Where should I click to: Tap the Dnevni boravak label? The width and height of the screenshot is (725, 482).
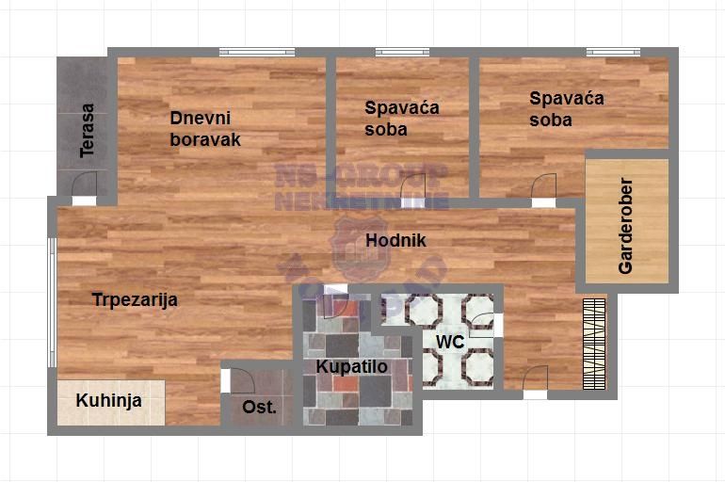tap(205, 129)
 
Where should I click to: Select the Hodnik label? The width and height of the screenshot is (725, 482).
tap(395, 241)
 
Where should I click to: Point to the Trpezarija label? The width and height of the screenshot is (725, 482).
tap(135, 300)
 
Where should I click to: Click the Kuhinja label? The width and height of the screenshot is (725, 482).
tap(109, 401)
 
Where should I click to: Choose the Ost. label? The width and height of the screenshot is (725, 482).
tap(259, 408)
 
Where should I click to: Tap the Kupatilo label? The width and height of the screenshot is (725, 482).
tap(352, 367)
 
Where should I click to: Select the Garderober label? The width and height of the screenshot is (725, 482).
tap(626, 226)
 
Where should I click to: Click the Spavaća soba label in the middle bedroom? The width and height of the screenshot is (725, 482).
tap(402, 119)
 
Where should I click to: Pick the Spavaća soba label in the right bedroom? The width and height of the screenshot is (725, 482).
tap(566, 109)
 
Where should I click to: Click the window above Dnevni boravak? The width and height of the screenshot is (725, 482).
tap(243, 52)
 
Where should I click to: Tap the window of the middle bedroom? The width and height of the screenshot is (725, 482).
tap(402, 52)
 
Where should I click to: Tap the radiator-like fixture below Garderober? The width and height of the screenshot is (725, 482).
tap(593, 344)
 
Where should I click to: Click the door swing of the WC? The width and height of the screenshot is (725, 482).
tap(484, 323)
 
